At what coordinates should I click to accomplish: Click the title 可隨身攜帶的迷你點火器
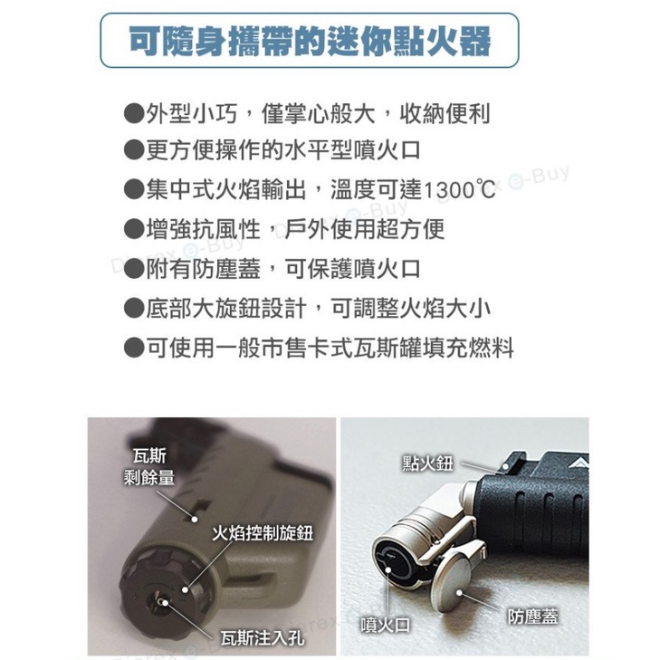[x=310, y=41]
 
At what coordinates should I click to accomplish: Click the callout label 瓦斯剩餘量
[x=149, y=467]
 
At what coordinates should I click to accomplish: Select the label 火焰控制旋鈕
[x=263, y=533]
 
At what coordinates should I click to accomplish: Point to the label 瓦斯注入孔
[x=262, y=638]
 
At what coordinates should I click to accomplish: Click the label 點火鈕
[x=428, y=464]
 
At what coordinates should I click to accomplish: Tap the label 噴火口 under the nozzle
[x=386, y=625]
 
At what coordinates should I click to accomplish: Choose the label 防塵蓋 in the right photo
[x=533, y=617]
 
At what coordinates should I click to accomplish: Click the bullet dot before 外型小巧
[x=134, y=113]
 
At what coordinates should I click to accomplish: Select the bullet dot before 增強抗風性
[x=134, y=229]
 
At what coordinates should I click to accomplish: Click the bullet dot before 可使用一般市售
[x=134, y=348]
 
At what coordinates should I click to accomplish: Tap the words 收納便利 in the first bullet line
[x=445, y=113]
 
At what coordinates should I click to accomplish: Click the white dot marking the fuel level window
[x=195, y=519]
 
